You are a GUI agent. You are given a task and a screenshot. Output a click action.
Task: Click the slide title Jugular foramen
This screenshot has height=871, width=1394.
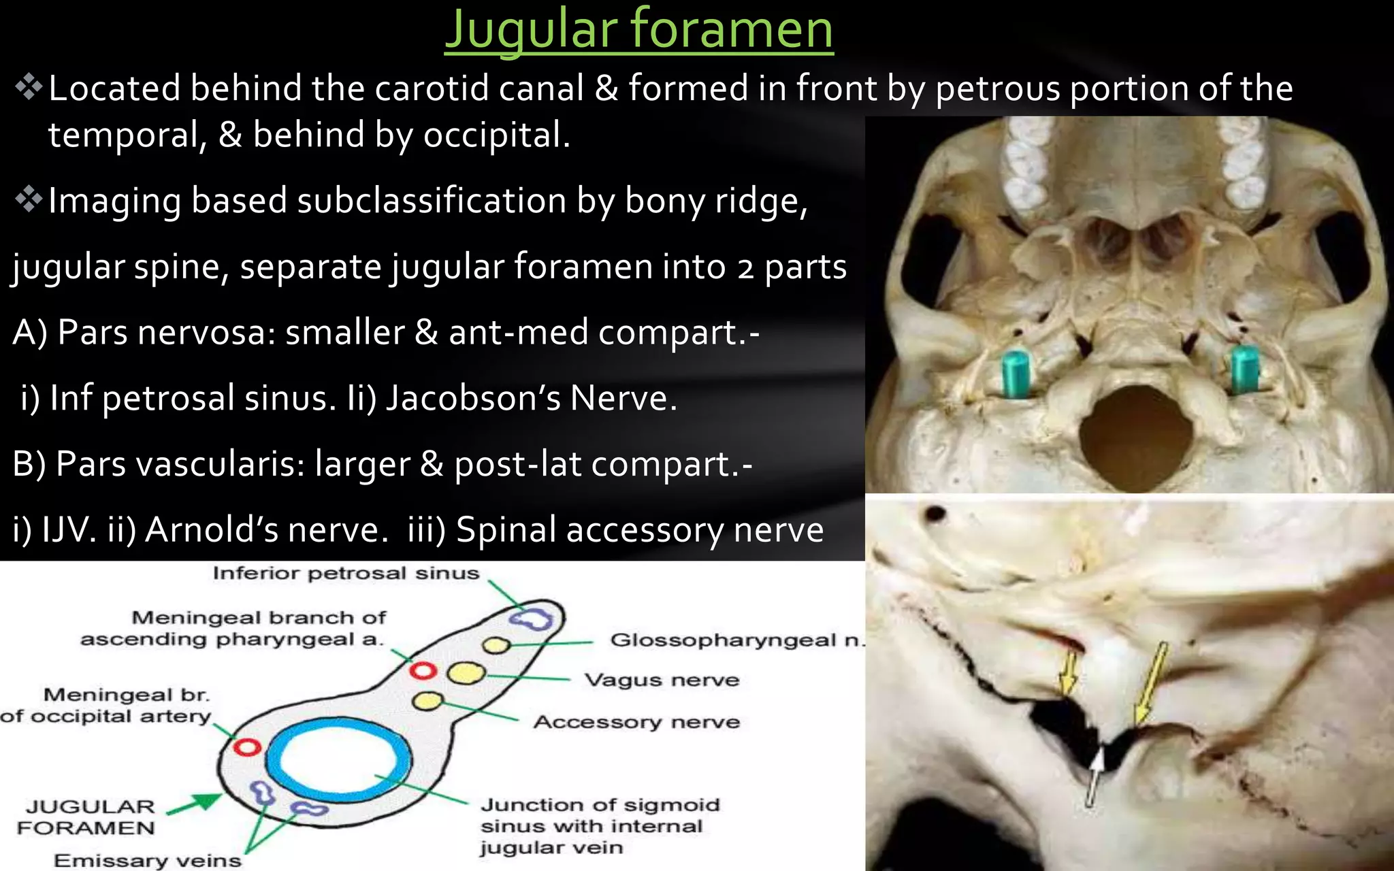point(638,31)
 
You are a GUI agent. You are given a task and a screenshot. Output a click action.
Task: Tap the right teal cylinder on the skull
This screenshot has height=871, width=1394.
point(1245,369)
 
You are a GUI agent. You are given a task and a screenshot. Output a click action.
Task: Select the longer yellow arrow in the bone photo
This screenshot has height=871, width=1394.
point(1150,684)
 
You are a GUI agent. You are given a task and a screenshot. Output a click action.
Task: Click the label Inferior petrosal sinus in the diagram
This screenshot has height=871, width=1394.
point(346,574)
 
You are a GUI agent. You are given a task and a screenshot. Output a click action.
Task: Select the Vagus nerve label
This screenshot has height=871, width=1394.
point(662,680)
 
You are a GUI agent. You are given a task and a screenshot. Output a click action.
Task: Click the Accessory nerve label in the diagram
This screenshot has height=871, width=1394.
point(636,722)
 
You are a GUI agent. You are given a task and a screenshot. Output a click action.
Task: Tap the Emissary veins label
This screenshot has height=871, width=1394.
point(148,861)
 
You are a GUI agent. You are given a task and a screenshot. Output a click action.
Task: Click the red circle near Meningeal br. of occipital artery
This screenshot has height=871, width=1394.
point(247,747)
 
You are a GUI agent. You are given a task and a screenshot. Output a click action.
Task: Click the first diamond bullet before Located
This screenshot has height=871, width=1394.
point(29,88)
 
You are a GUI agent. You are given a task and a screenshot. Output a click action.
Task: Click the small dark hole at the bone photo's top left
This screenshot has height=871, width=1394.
point(936,513)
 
